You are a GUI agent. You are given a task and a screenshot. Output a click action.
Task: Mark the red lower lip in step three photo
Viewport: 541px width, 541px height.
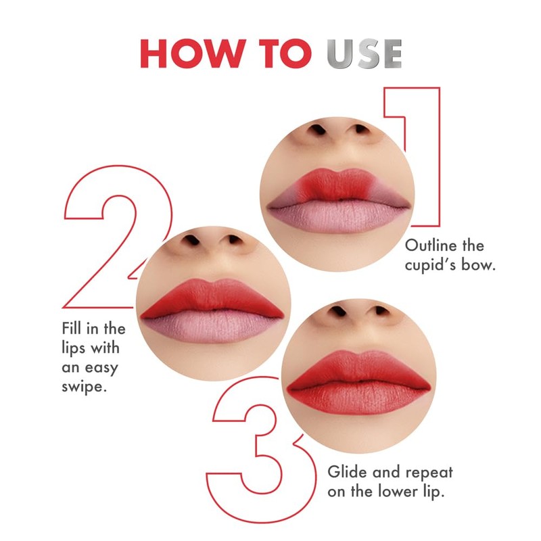[x=358, y=399]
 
